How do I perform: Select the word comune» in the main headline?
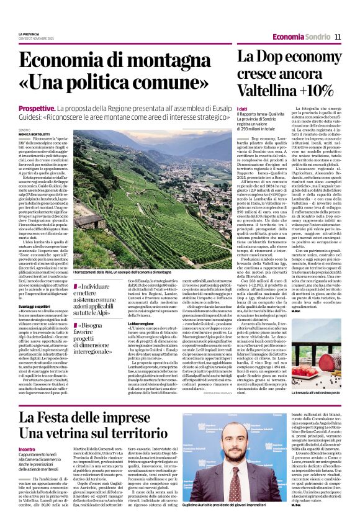click(179, 83)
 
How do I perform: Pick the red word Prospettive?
click(38, 109)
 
